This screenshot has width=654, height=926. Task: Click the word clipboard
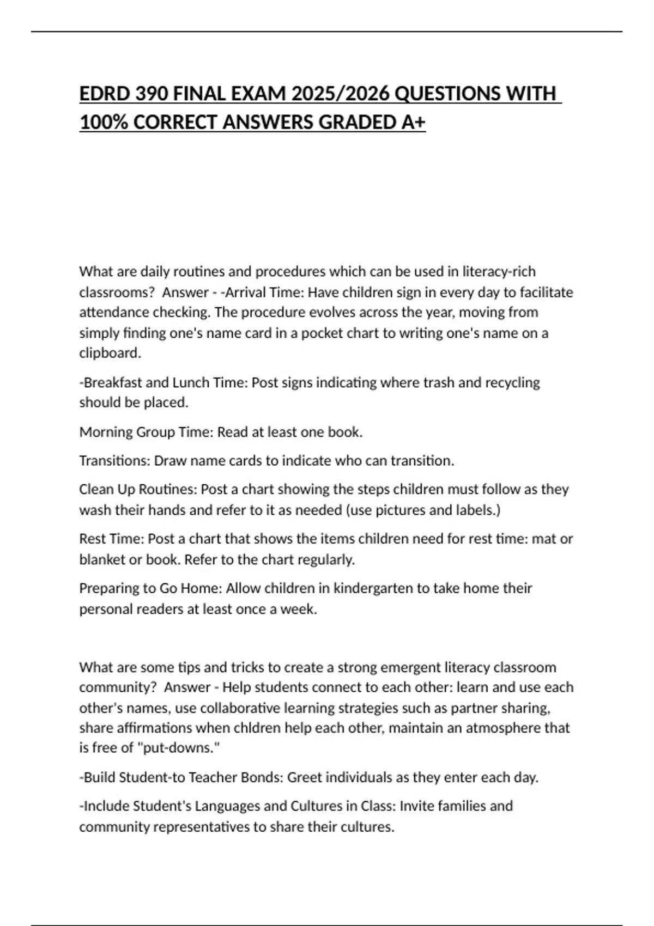(x=110, y=353)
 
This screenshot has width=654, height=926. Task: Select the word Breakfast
(x=112, y=383)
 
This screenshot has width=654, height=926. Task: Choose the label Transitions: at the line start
(x=114, y=461)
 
